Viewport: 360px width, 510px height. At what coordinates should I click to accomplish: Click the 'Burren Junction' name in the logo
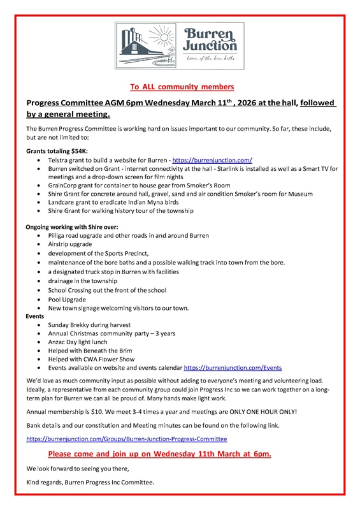pyautogui.click(x=210, y=40)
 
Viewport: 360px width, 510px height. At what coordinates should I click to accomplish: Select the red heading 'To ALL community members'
pyautogui.click(x=182, y=86)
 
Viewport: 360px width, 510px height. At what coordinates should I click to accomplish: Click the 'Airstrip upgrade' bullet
pyautogui.click(x=69, y=244)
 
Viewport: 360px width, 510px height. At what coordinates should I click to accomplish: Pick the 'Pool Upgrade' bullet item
pyautogui.click(x=66, y=299)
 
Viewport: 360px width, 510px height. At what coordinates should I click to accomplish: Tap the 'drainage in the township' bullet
pyautogui.click(x=82, y=280)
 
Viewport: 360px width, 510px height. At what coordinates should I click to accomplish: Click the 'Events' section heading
pyautogui.click(x=35, y=316)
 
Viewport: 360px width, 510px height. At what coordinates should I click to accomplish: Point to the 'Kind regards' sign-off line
pyautogui.click(x=90, y=483)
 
